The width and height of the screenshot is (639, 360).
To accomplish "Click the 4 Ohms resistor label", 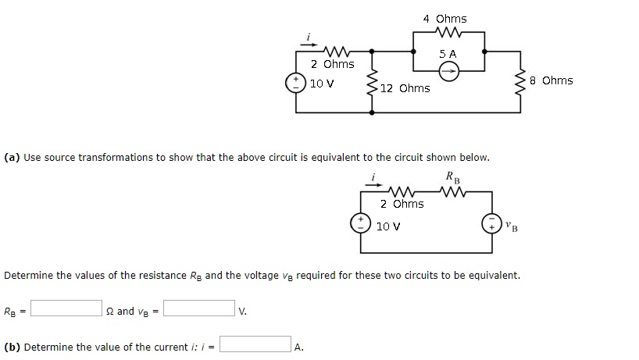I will pyautogui.click(x=444, y=19).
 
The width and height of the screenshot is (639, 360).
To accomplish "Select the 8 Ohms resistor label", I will pyautogui.click(x=551, y=80).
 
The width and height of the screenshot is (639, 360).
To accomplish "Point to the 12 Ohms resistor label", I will pyautogui.click(x=405, y=88).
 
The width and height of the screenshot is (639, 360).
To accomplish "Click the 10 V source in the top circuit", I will pyautogui.click(x=296, y=84).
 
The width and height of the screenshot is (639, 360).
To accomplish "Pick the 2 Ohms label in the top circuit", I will pyautogui.click(x=332, y=64).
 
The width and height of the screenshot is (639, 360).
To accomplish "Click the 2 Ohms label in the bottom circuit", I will pyautogui.click(x=402, y=204).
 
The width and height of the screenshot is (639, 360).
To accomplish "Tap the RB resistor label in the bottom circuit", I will pyautogui.click(x=452, y=177).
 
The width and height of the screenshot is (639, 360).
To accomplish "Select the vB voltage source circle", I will pyautogui.click(x=491, y=223).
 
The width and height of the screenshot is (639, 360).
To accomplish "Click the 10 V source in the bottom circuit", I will pyautogui.click(x=362, y=223).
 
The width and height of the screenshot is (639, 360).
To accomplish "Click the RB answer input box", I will pyautogui.click(x=66, y=308).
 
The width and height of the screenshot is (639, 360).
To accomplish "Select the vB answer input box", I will pyautogui.click(x=199, y=308).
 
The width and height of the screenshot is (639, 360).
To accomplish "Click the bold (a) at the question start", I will pyautogui.click(x=12, y=157).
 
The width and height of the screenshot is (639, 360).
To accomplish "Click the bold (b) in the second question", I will pyautogui.click(x=12, y=347).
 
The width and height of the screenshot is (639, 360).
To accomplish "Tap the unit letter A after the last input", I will pyautogui.click(x=299, y=348).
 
